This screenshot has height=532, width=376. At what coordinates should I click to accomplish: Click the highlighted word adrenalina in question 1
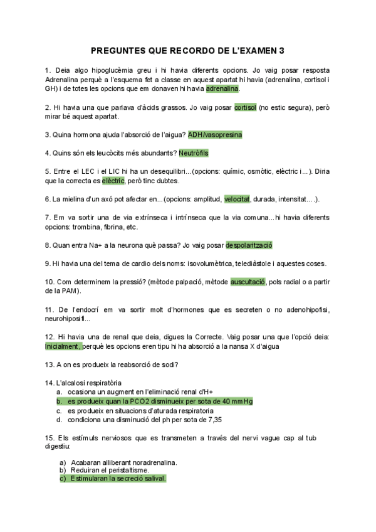pos(222,88)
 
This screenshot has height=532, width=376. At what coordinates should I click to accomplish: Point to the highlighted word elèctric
pos(113,181)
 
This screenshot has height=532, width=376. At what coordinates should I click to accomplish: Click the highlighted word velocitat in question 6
pos(237,199)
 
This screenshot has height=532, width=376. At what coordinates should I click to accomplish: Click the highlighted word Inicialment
pos(63,346)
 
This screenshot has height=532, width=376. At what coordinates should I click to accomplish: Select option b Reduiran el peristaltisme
pos(109,470)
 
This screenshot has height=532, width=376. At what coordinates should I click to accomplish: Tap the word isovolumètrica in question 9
pos(211,263)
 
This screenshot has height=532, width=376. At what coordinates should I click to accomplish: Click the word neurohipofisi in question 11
pos(70,319)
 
